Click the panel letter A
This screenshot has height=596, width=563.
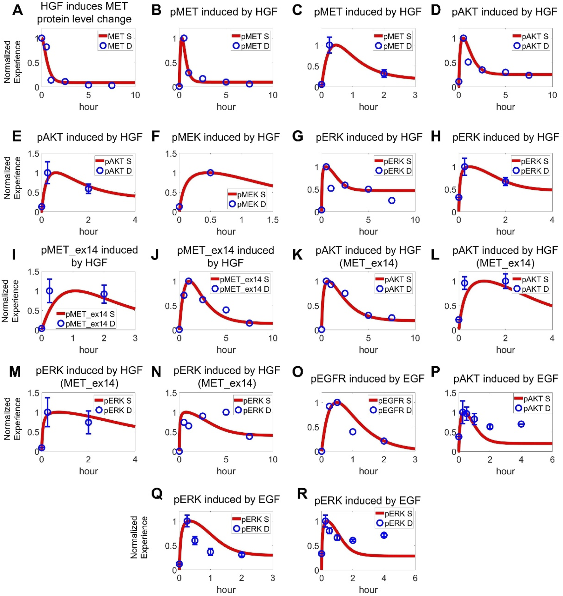click(x=17, y=10)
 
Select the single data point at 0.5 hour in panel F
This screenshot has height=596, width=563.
click(x=210, y=173)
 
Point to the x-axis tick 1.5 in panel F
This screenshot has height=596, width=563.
click(x=272, y=220)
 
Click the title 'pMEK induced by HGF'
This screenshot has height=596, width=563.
click(x=226, y=137)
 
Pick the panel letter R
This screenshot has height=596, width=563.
click(x=302, y=493)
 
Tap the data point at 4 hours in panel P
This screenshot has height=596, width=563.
click(x=521, y=424)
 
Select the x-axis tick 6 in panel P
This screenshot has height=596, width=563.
click(x=552, y=459)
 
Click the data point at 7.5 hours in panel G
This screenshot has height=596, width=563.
click(x=392, y=200)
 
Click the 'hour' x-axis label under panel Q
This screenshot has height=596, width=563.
click(x=226, y=590)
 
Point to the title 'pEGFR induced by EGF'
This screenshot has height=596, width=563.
click(x=367, y=379)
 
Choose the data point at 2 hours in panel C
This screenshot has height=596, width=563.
click(x=384, y=73)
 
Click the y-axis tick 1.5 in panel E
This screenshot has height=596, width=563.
click(x=34, y=154)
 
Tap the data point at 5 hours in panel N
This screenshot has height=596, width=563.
click(x=226, y=412)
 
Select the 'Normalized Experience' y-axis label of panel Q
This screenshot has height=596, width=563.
click(x=139, y=537)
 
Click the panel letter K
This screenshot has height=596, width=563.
click(x=297, y=255)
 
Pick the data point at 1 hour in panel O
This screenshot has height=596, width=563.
click(x=353, y=431)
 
